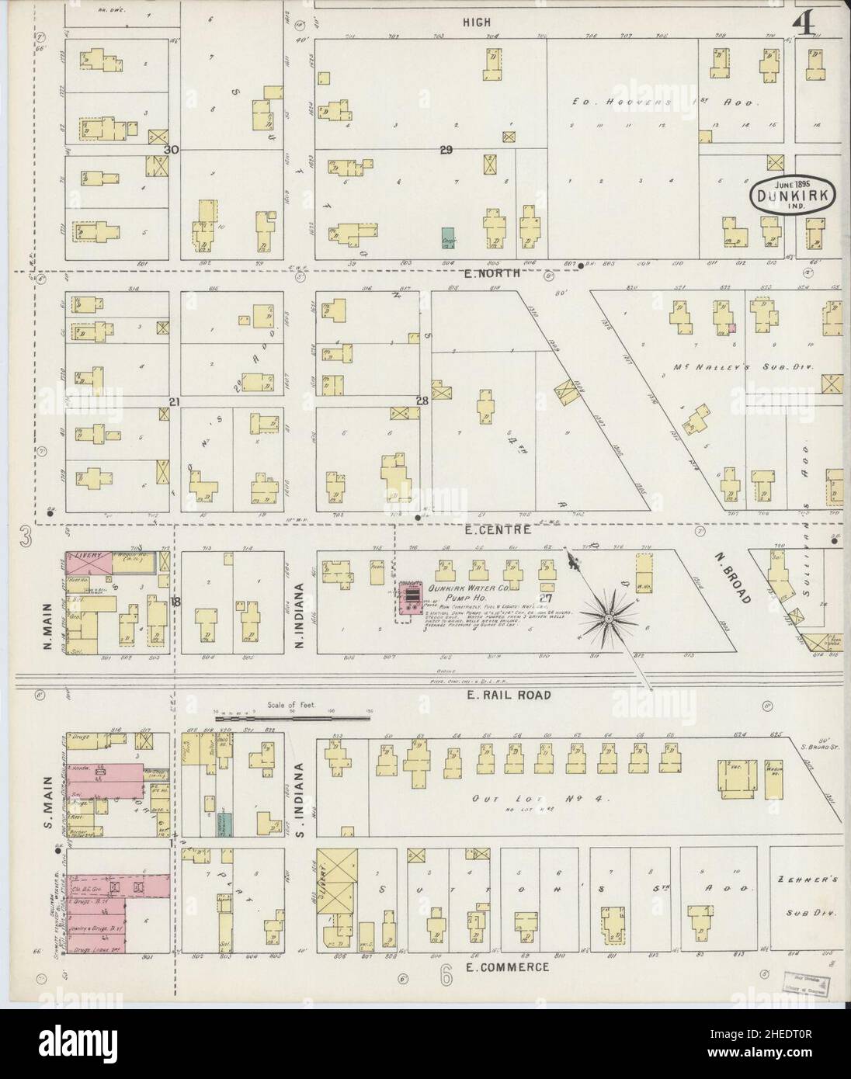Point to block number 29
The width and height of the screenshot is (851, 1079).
pyautogui.click(x=445, y=151)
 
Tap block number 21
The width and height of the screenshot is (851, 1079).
pyautogui.click(x=175, y=401)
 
